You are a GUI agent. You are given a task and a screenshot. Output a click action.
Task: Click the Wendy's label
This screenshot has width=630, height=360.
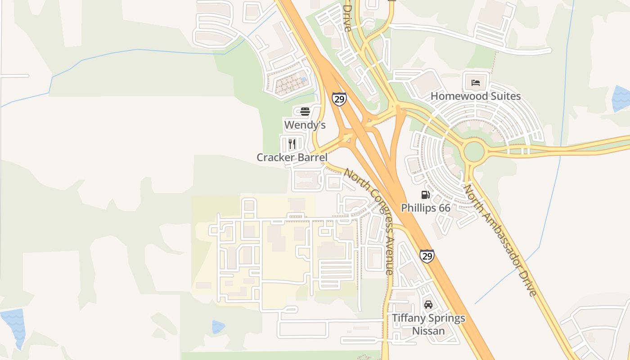[x=305, y=125]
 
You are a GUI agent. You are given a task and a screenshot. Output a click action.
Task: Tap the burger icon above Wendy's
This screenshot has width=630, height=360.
[x=305, y=111]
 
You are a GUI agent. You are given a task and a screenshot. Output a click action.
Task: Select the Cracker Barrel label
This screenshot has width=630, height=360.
[x=292, y=157]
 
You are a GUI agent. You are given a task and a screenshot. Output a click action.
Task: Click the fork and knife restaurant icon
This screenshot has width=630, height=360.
[x=292, y=144]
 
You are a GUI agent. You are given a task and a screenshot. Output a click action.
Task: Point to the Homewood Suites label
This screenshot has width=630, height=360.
[x=476, y=96]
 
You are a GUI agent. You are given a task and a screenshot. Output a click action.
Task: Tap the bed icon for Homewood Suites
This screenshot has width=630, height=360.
[x=476, y=83]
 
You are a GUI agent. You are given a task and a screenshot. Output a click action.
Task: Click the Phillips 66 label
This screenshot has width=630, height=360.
[x=426, y=208]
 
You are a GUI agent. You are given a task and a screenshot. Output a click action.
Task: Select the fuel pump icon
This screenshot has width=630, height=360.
[x=425, y=195]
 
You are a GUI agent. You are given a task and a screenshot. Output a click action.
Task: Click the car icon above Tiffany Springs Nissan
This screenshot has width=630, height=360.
[x=428, y=305]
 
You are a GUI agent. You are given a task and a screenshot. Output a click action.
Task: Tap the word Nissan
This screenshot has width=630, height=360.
[x=428, y=331]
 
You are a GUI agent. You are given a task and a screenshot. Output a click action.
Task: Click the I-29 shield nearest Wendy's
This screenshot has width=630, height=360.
[x=339, y=99]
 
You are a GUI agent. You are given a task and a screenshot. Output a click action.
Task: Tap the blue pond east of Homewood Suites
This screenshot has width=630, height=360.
[x=621, y=98]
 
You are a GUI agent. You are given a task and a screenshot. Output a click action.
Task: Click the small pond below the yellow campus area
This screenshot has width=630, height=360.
[x=218, y=327]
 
